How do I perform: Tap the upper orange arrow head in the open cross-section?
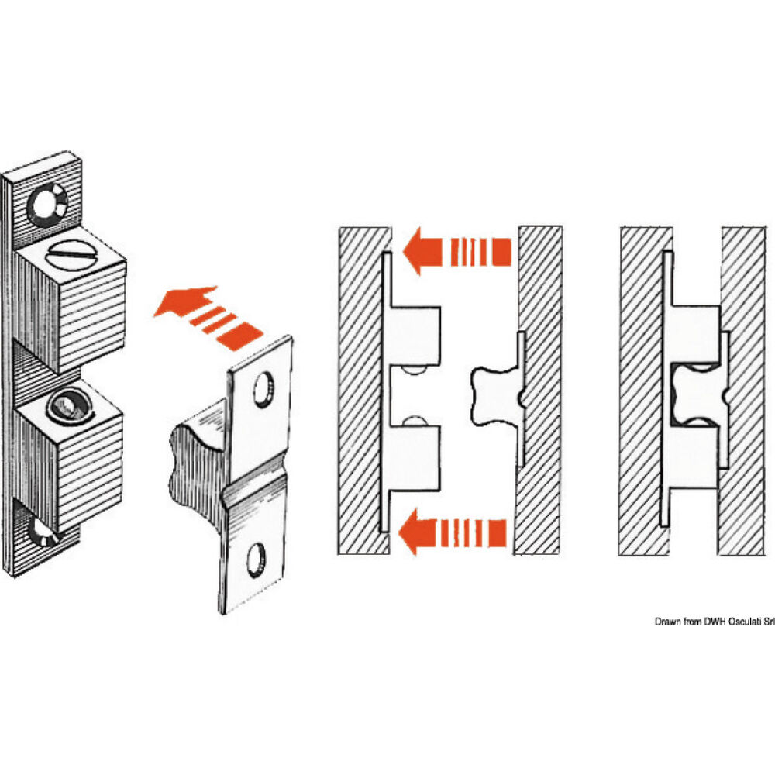pyautogui.click(x=422, y=250)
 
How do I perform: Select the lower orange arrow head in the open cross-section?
pyautogui.click(x=418, y=532)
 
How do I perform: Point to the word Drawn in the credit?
pyautogui.click(x=667, y=622)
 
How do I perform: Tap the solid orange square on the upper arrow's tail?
pyautogui.click(x=501, y=252)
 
